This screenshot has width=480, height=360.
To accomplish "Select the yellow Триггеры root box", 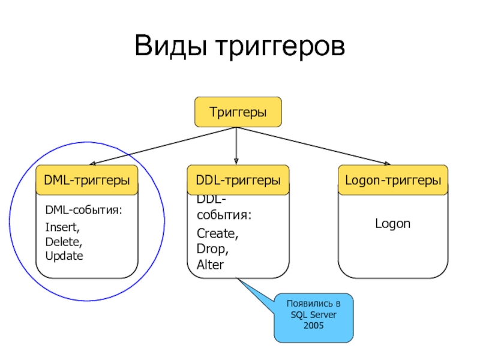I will pos(238,112).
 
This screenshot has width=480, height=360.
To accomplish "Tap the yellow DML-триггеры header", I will pos(87,180).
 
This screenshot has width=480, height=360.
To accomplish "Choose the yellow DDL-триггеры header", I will pos(238,180).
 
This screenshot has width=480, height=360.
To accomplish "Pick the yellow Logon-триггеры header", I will pos(393,180).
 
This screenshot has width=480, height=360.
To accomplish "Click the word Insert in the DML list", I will pos(62,227).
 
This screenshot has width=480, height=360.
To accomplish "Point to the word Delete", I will pos(64,242).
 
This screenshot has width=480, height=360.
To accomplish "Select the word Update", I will pos(64,256).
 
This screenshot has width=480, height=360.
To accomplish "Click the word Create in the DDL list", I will pos(217,233).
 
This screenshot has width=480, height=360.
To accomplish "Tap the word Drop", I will pos(212,248).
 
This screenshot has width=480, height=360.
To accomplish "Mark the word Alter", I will pos(210,264).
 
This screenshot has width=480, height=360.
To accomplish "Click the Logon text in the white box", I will pos(393,224).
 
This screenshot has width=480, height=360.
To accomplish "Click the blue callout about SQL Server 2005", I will pos(313,319).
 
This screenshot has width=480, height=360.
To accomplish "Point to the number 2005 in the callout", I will pos(313,325).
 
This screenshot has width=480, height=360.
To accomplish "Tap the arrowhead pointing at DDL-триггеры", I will pos(236,159).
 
